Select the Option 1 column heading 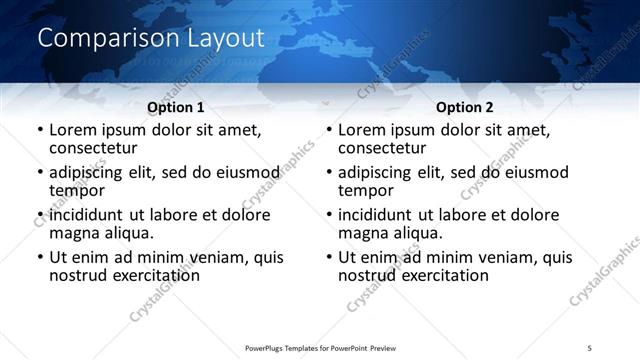tap(176, 107)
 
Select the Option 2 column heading tap(465, 107)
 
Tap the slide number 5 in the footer tap(589, 347)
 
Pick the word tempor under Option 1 tap(76, 190)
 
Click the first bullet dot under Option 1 tap(40, 130)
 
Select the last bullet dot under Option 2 tap(329, 258)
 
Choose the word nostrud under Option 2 tap(369, 275)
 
